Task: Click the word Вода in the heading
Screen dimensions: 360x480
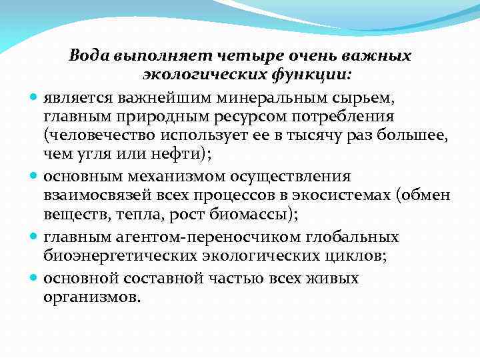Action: (x=91, y=55)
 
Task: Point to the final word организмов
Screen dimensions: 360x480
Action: (x=91, y=297)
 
